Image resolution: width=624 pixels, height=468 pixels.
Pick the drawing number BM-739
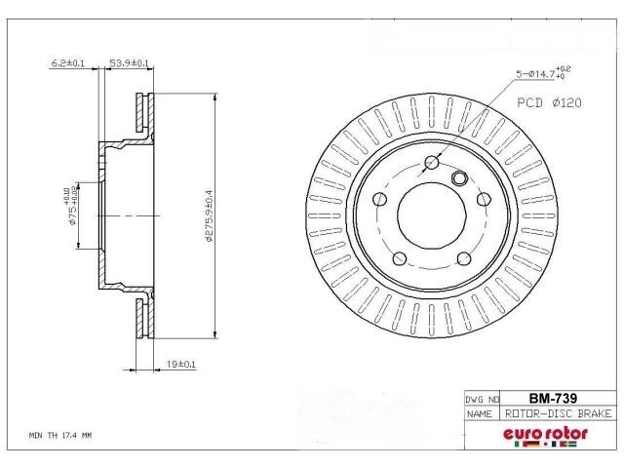click(x=549, y=398)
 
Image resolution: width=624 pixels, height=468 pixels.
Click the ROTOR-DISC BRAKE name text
click(x=558, y=413)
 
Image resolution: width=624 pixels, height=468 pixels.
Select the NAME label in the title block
click(x=479, y=413)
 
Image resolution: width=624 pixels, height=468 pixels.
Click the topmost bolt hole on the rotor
click(x=433, y=164)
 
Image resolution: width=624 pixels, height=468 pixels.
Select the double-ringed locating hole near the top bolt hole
click(x=459, y=177)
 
